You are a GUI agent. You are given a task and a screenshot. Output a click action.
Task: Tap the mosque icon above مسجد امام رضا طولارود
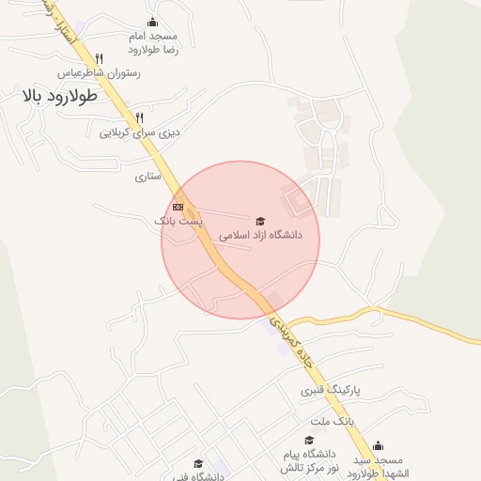click(154, 23)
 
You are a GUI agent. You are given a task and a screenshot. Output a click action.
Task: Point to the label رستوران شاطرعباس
click(99, 72)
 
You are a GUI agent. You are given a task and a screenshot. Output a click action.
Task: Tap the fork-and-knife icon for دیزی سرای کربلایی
click(140, 118)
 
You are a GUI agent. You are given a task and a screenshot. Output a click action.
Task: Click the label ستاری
click(148, 176)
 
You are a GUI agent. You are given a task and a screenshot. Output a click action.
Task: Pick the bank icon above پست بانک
click(178, 206)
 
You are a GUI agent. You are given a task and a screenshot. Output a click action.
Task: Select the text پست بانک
click(178, 220)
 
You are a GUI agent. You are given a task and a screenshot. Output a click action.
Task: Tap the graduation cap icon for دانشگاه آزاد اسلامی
click(260, 221)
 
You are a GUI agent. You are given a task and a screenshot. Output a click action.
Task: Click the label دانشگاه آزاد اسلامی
click(260, 236)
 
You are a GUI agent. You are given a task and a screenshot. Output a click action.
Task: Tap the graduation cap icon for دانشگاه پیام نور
click(308, 440)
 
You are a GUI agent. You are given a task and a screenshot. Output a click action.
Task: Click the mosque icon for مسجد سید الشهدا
click(378, 445)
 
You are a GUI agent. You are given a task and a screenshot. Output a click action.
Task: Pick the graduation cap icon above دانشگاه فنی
click(198, 463)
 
